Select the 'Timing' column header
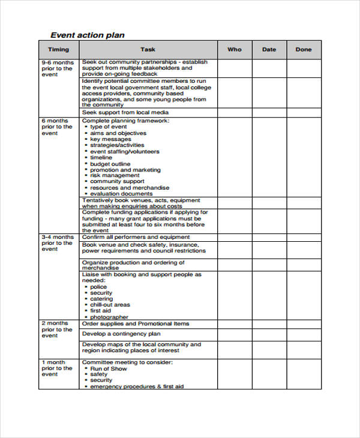(x=58, y=50)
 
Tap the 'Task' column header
(x=148, y=50)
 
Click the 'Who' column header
(x=234, y=50)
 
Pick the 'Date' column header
(x=269, y=50)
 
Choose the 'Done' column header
(x=304, y=50)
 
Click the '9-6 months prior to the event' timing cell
(x=58, y=68)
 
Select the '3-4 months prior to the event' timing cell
(x=58, y=243)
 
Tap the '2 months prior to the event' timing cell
(x=58, y=329)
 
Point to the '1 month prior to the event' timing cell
(x=58, y=368)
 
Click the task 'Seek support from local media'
(x=125, y=112)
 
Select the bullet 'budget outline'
(x=110, y=164)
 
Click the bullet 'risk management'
(x=115, y=175)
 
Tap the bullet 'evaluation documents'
(x=121, y=194)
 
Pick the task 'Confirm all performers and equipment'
(x=136, y=237)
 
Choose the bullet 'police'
(x=99, y=287)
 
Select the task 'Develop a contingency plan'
(x=121, y=334)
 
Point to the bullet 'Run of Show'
(x=108, y=368)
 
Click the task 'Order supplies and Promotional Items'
(x=136, y=323)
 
